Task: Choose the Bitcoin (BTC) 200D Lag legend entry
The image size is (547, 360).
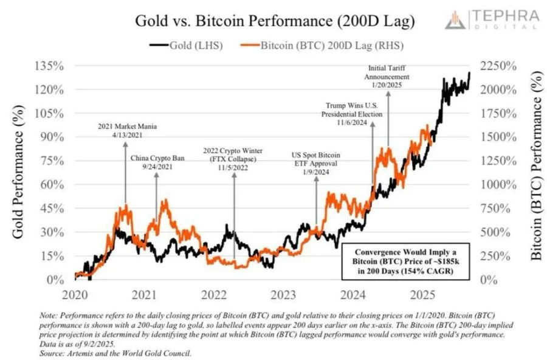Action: [322, 45]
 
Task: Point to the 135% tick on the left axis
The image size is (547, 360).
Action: [53, 66]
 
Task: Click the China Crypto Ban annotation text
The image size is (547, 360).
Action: [156, 162]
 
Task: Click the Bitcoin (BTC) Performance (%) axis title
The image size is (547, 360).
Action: [537, 173]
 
